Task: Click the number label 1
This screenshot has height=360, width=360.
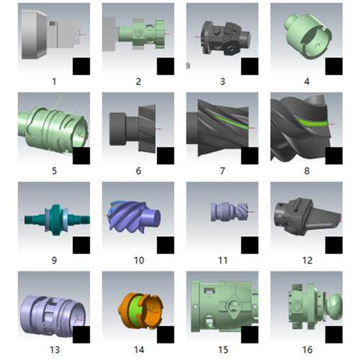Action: coord(54,81)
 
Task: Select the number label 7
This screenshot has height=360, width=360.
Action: coord(222,171)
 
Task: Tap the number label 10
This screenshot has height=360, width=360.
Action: coord(139,261)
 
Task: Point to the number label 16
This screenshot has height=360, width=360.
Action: coord(307,350)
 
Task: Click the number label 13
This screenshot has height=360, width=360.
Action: coord(55,350)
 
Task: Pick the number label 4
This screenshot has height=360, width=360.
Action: coord(307,81)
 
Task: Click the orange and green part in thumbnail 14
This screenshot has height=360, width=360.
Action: coord(141,310)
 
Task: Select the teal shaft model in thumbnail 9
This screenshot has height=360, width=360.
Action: coord(57,220)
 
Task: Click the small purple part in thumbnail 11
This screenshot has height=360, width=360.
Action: coord(230,212)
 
